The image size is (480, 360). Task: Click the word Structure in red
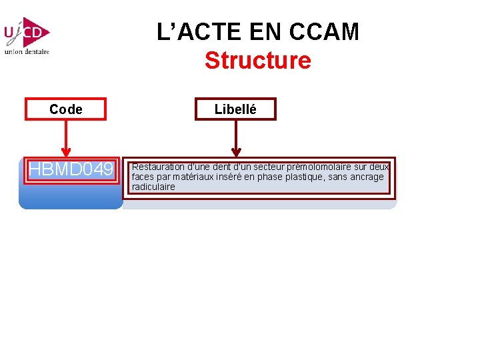257,61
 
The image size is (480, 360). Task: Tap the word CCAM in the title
328,31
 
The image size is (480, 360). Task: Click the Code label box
65,109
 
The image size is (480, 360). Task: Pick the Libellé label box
235,109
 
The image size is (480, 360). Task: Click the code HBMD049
71,170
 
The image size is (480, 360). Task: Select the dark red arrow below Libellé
235,140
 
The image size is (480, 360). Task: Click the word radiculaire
153,187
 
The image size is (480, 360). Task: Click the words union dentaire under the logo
27,51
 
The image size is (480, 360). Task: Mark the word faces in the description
142,177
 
